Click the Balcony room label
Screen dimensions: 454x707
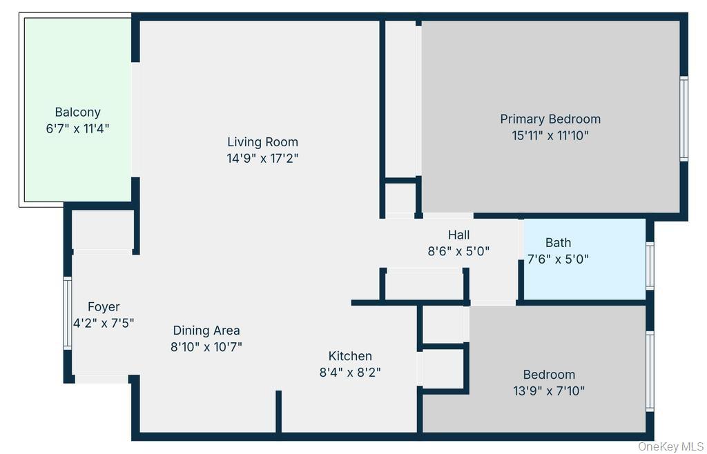click(x=77, y=112)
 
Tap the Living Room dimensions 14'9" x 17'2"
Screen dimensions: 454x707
click(x=262, y=158)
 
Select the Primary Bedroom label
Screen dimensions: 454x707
click(x=550, y=119)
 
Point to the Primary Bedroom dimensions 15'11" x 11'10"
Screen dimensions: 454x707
click(x=550, y=135)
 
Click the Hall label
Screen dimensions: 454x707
click(x=458, y=235)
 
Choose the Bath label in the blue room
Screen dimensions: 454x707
click(x=558, y=242)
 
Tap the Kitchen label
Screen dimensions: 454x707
click(x=349, y=356)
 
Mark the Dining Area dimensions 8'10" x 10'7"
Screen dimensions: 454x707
click(x=206, y=346)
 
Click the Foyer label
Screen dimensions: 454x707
click(x=104, y=307)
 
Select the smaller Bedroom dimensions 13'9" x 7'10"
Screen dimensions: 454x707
click(x=549, y=391)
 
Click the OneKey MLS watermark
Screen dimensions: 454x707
click(x=670, y=446)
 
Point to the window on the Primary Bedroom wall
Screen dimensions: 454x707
click(x=684, y=119)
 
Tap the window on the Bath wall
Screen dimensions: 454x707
click(x=650, y=265)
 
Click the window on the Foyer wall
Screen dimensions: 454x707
click(x=68, y=313)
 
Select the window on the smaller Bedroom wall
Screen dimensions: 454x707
click(x=650, y=371)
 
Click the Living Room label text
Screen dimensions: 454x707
click(x=262, y=142)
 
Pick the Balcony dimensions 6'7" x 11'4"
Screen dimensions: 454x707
click(x=77, y=128)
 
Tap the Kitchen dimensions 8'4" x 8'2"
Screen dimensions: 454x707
click(x=349, y=372)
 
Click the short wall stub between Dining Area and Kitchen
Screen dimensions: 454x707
click(x=278, y=412)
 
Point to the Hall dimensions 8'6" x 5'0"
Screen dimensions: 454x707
click(x=458, y=252)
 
